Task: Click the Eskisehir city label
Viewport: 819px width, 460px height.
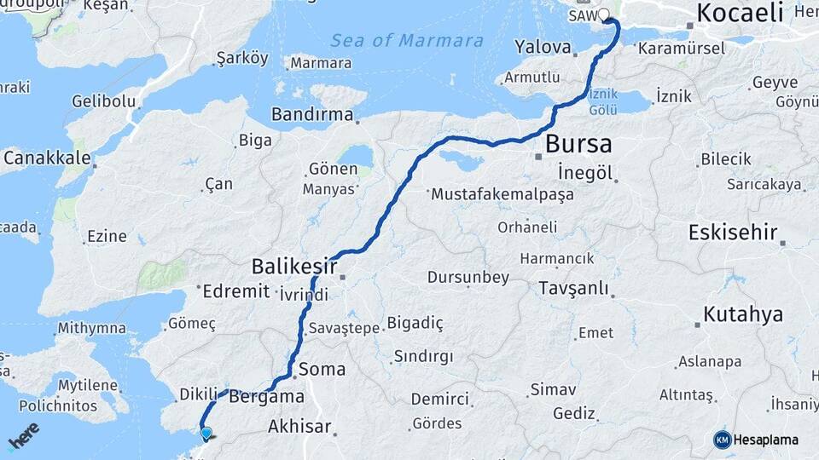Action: pyautogui.click(x=733, y=232)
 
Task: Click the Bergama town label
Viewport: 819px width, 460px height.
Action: pyautogui.click(x=267, y=397)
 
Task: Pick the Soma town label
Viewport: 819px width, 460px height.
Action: pyautogui.click(x=322, y=370)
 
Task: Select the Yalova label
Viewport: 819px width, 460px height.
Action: pyautogui.click(x=543, y=46)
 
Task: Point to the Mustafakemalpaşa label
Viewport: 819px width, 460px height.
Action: pyautogui.click(x=502, y=194)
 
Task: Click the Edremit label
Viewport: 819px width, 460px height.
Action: pyautogui.click(x=236, y=291)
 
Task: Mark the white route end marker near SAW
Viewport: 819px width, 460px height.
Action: pyautogui.click(x=605, y=14)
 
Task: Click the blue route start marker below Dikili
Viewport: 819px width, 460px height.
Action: pyautogui.click(x=206, y=433)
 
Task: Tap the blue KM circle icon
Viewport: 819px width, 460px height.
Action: pyautogui.click(x=722, y=440)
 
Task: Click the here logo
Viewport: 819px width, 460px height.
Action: pyautogui.click(x=23, y=436)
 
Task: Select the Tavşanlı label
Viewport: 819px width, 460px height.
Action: pyautogui.click(x=573, y=289)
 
